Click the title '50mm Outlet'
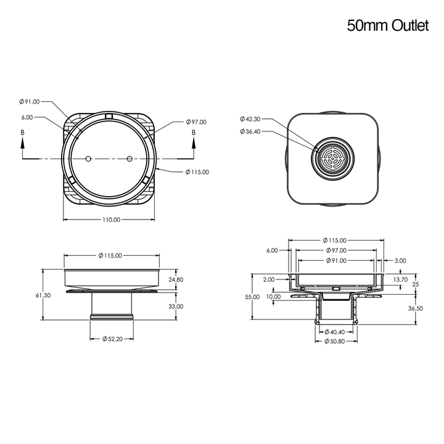click(388, 25)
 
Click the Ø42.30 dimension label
click(250, 119)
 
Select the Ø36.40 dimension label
click(250, 131)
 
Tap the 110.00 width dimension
click(111, 220)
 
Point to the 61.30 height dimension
click(43, 295)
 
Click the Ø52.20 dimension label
click(112, 339)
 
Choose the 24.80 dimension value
click(176, 280)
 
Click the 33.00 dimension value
click(176, 306)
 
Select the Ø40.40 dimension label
click(334, 332)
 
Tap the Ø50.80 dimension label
click(334, 342)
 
